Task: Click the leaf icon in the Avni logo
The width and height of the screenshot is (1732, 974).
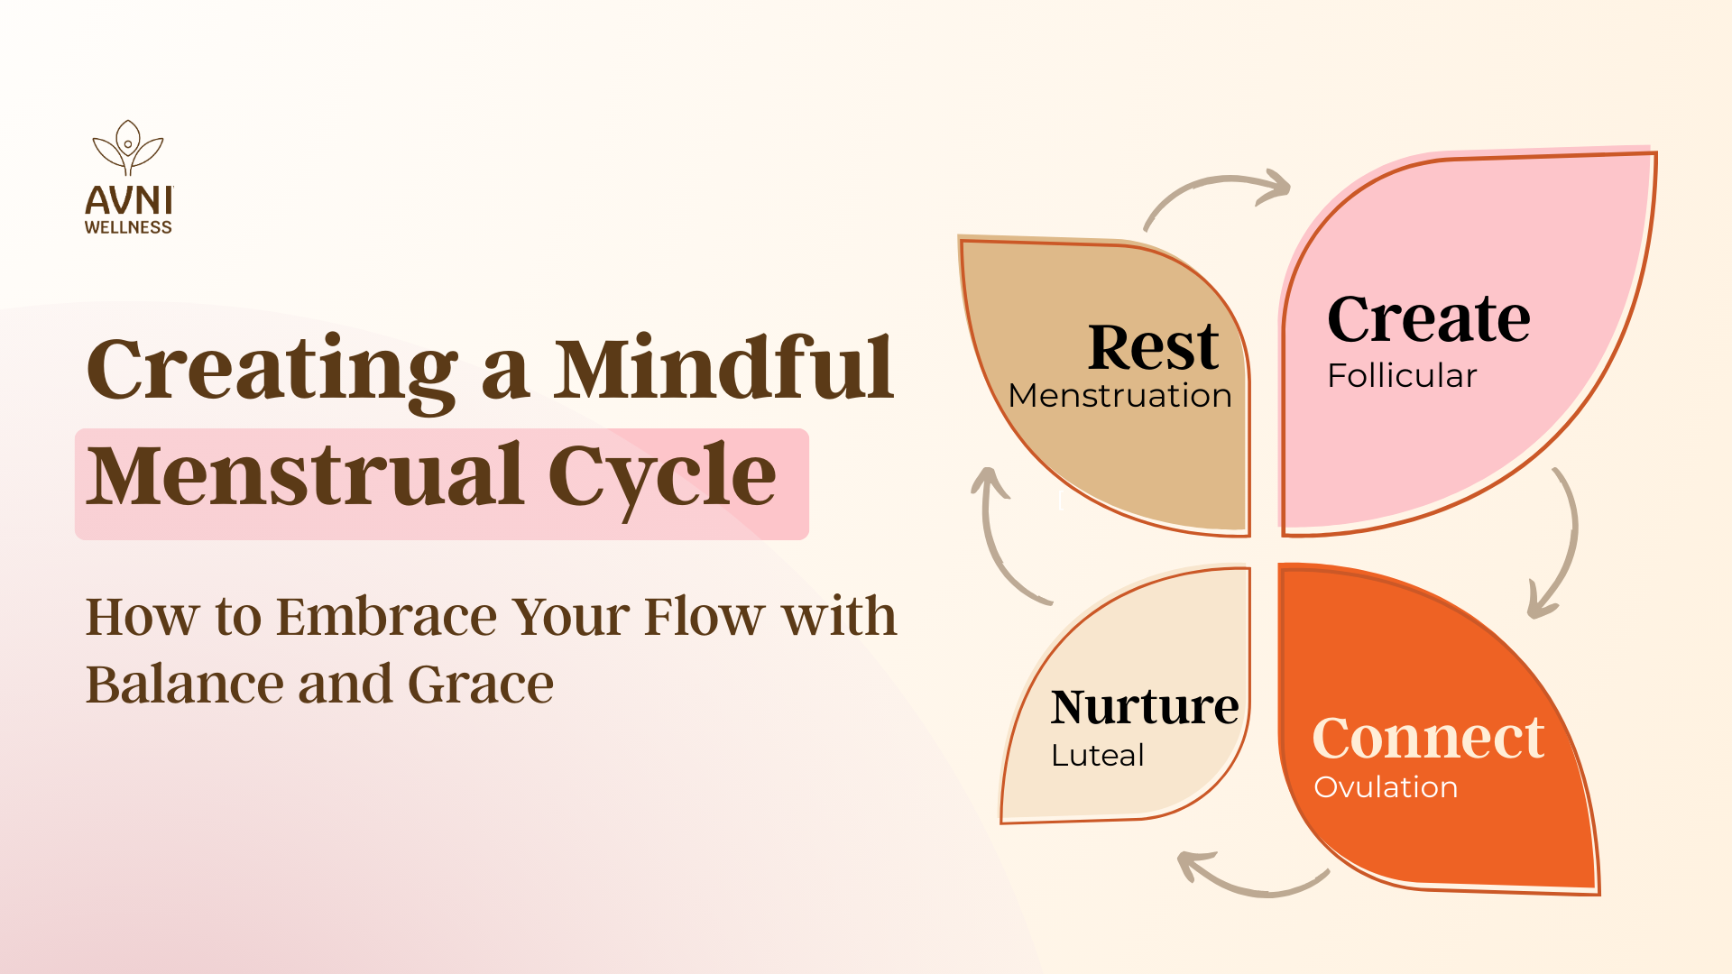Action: click(128, 148)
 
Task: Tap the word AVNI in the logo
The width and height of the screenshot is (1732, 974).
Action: click(128, 200)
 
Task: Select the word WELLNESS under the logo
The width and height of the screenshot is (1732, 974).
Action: click(128, 227)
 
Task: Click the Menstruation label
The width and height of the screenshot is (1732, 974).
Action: click(1120, 396)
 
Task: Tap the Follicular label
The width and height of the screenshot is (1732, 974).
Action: click(1402, 375)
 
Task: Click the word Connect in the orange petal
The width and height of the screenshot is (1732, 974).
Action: click(1429, 738)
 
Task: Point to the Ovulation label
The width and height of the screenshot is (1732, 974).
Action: click(1386, 787)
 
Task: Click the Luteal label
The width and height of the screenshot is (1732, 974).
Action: click(1098, 755)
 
